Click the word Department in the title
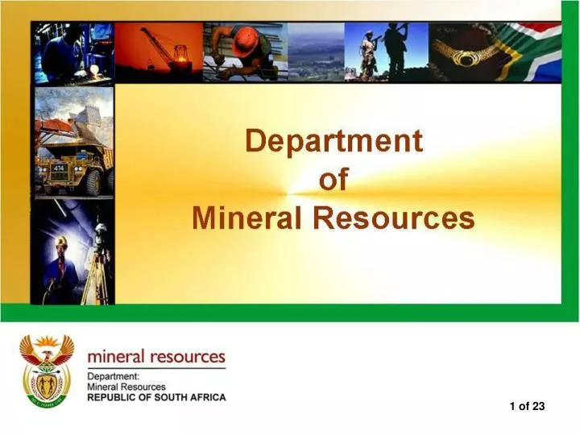pos(333,142)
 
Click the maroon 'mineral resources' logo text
pos(156,356)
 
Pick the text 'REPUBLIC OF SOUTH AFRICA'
pos(156,397)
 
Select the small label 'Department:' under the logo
pos(114,376)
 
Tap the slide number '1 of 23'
pos(527,407)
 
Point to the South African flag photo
pos(535,50)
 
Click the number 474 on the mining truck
pos(59,168)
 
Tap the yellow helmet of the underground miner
pos(61,242)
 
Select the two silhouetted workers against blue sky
pos(383,50)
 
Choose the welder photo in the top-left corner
pos(73,52)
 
